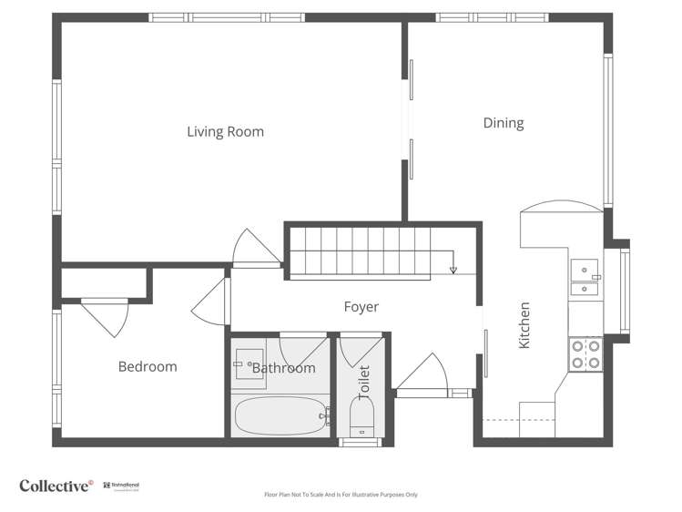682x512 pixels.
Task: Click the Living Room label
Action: (225, 132)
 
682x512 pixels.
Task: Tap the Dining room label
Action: (503, 123)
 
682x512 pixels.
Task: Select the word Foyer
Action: (361, 307)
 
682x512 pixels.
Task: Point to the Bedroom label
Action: (148, 367)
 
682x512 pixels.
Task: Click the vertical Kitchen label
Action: (524, 325)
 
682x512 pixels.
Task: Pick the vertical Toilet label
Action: (364, 383)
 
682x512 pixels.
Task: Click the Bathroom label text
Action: (283, 368)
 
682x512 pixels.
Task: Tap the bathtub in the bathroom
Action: (281, 416)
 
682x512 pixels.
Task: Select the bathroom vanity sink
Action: (249, 362)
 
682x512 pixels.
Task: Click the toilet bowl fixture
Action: (361, 422)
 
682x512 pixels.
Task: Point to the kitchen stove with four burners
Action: (585, 353)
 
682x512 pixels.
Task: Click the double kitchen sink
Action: (585, 279)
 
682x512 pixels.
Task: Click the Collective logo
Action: (56, 486)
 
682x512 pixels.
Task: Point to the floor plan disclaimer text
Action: (341, 495)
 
